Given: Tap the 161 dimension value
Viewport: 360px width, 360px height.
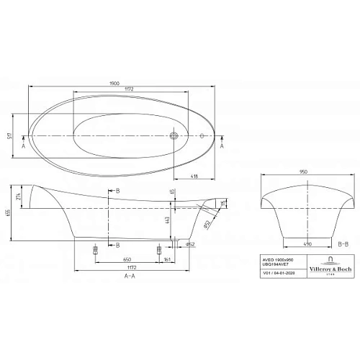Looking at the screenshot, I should (168, 257).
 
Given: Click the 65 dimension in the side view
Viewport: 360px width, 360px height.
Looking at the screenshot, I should (172, 192).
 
